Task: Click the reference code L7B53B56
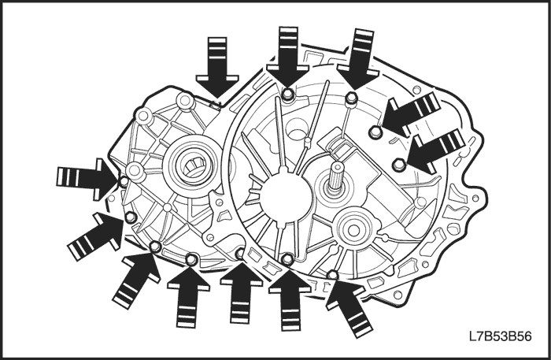click(500, 336)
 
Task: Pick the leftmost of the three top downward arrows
click(217, 67)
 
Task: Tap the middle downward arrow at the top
click(288, 56)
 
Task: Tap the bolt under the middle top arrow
click(288, 94)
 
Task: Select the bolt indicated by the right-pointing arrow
click(124, 182)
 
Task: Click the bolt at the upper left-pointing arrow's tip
click(375, 132)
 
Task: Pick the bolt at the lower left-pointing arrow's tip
click(398, 164)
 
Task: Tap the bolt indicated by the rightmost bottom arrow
click(332, 274)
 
